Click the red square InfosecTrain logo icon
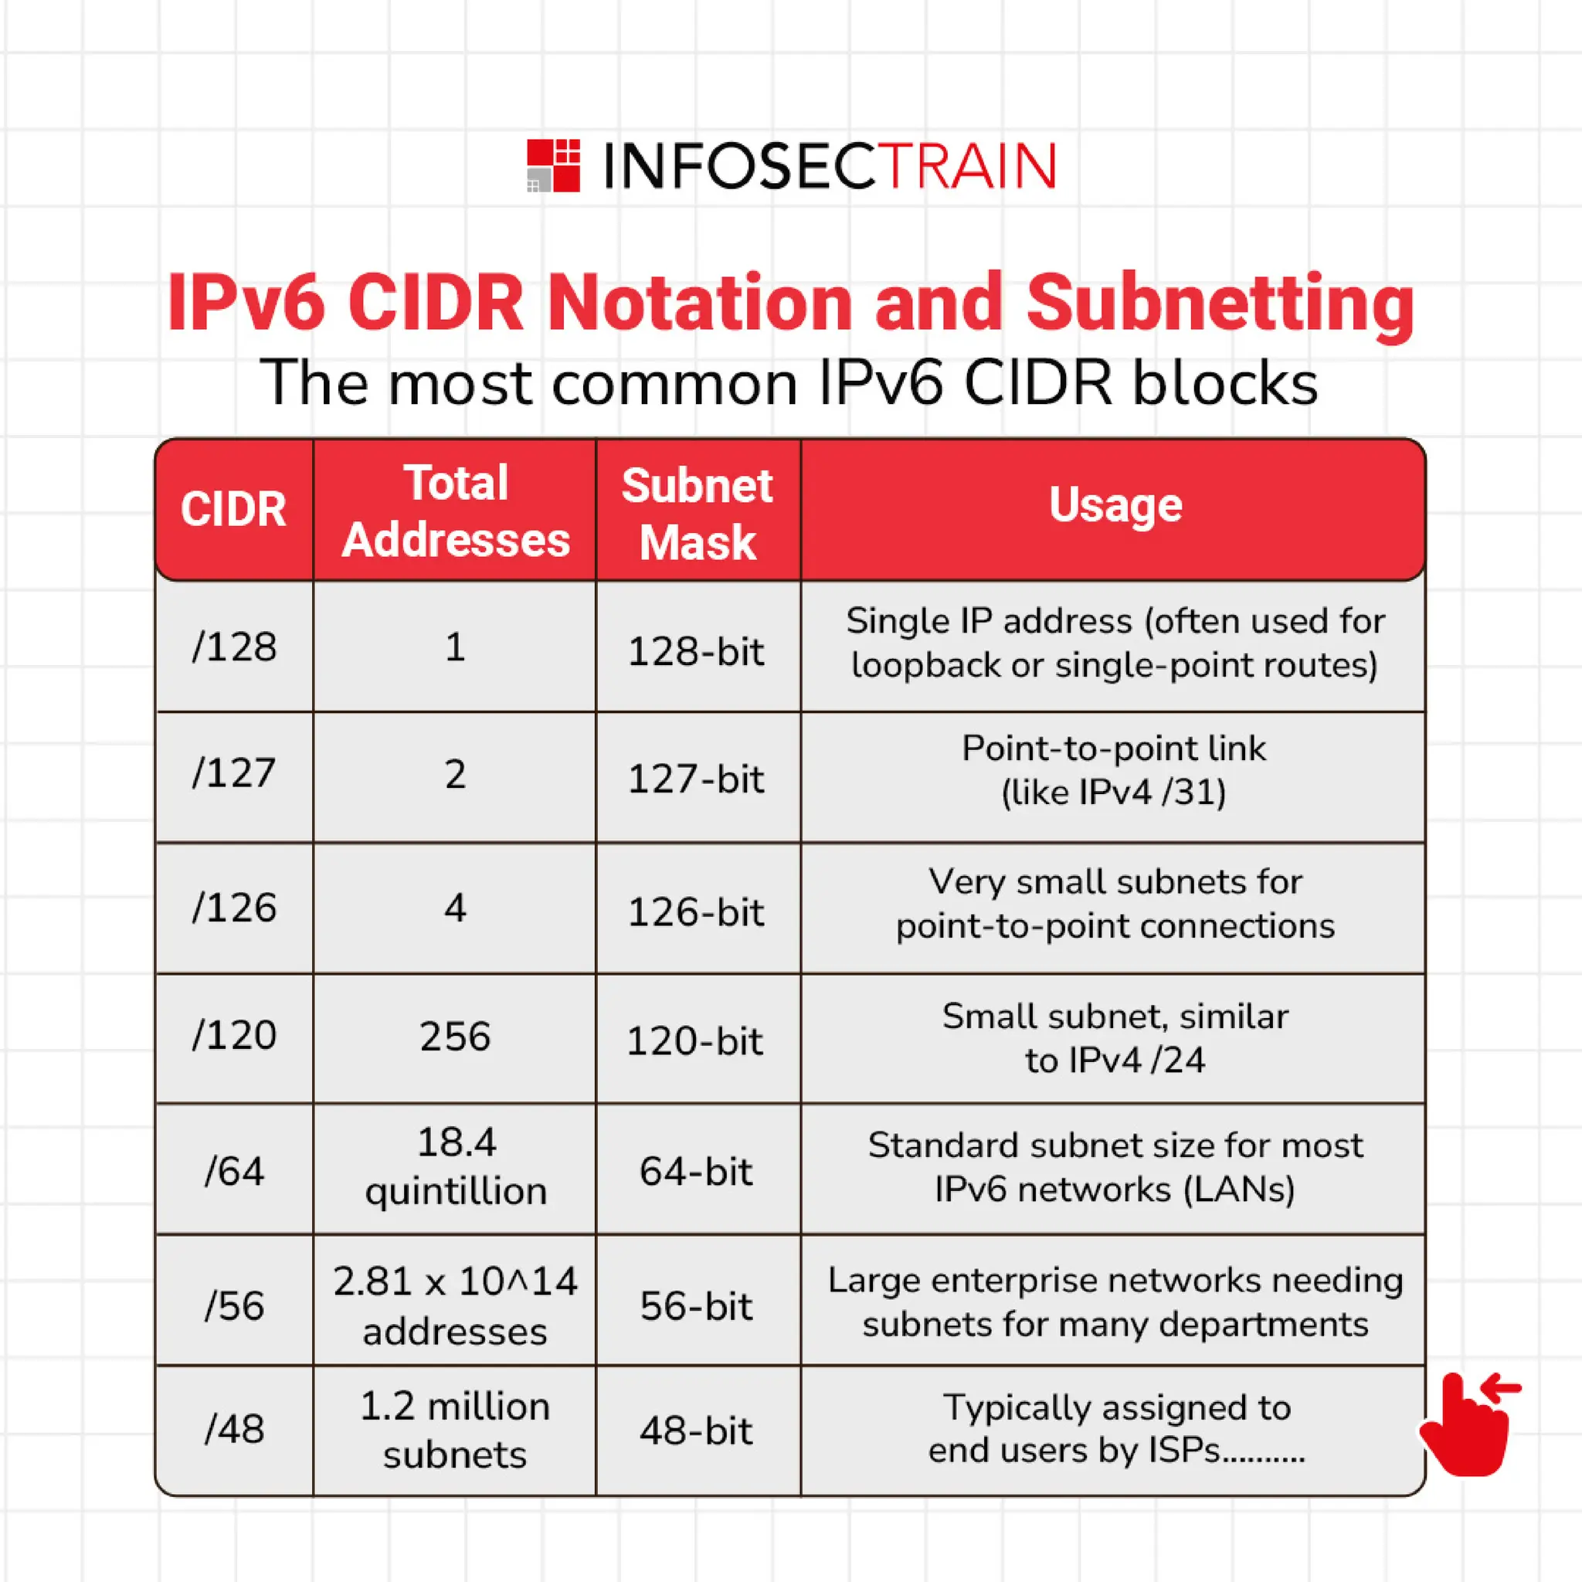pyautogui.click(x=554, y=165)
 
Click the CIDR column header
pyautogui.click(x=233, y=509)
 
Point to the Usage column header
pyautogui.click(x=1115, y=504)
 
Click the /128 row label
pyautogui.click(x=234, y=647)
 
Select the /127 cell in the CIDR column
pyautogui.click(x=234, y=774)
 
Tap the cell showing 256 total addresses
pyautogui.click(x=455, y=1037)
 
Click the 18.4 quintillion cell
pyautogui.click(x=455, y=1167)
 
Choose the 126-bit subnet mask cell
pyautogui.click(x=696, y=912)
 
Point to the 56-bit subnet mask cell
pyautogui.click(x=696, y=1306)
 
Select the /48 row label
pyautogui.click(x=234, y=1430)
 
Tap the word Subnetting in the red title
pyautogui.click(x=1220, y=303)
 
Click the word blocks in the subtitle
pyautogui.click(x=1225, y=383)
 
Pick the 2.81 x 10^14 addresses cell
pyautogui.click(x=455, y=1306)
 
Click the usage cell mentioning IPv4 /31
pyautogui.click(x=1114, y=770)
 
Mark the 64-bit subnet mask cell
pyautogui.click(x=696, y=1172)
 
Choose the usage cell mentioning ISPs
pyautogui.click(x=1116, y=1429)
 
